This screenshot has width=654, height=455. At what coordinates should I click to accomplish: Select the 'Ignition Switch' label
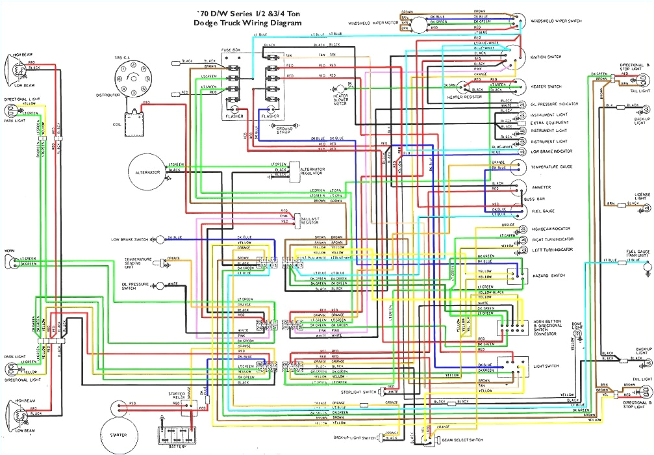point(546,57)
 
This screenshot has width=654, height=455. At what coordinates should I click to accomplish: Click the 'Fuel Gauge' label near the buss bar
point(543,211)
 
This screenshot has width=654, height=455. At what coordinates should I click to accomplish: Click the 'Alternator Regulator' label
point(312,171)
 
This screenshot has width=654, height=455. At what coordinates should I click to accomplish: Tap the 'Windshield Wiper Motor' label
point(373,23)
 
